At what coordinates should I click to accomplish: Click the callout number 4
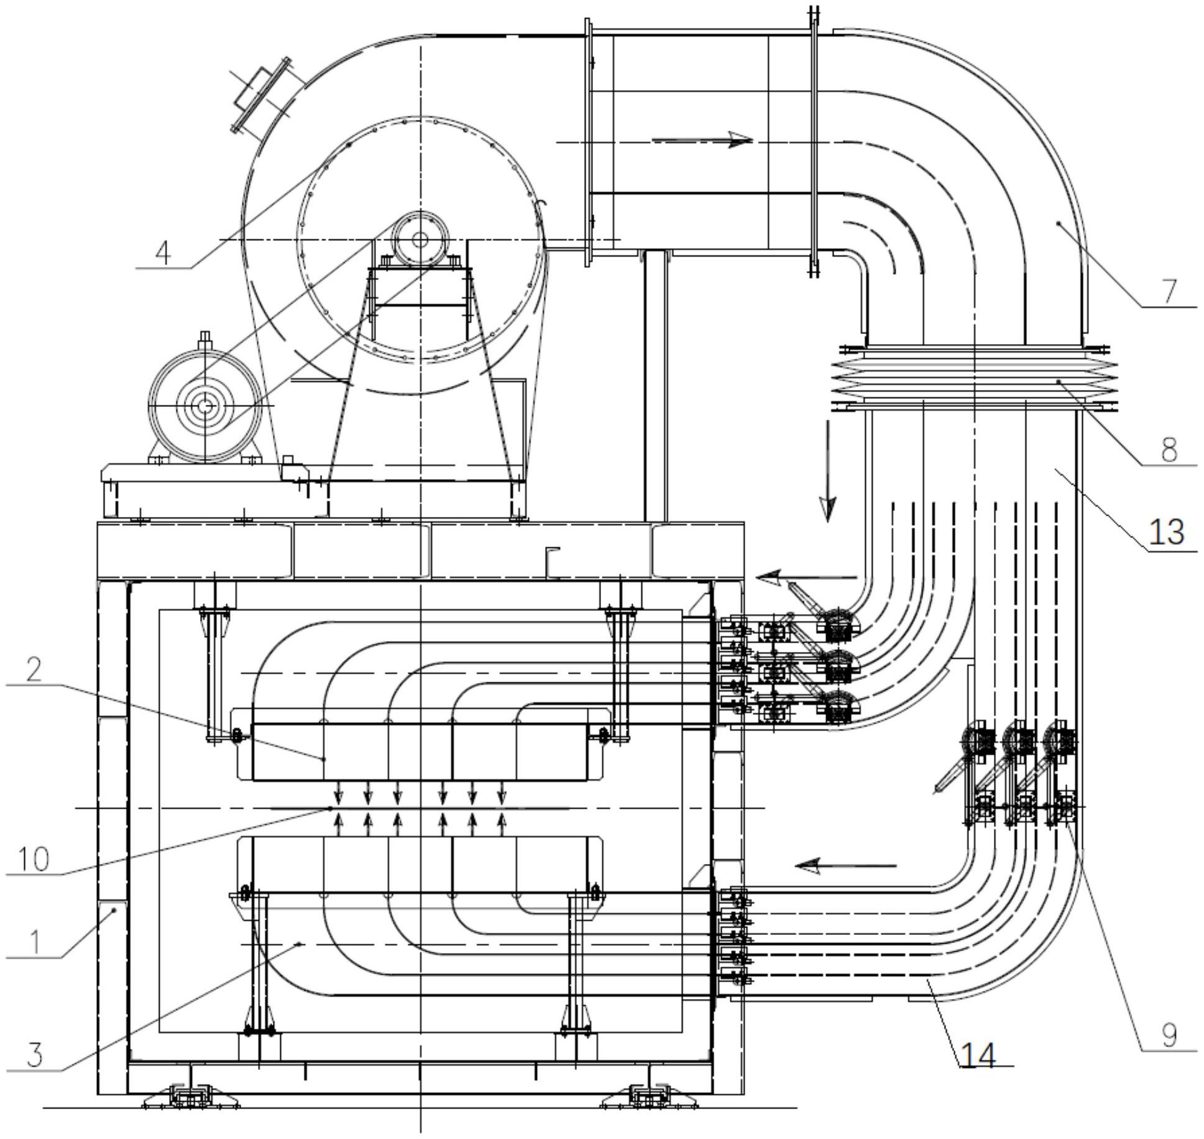(x=163, y=253)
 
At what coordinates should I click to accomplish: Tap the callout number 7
(x=1169, y=291)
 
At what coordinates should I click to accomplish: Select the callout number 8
(x=1169, y=449)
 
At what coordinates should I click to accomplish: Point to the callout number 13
(x=1166, y=532)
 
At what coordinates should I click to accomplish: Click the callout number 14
(x=978, y=1054)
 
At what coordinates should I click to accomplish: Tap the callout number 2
(x=34, y=669)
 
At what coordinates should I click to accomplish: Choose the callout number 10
(x=34, y=859)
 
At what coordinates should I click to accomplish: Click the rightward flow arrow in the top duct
(x=702, y=141)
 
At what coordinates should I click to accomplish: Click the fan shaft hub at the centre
(x=420, y=239)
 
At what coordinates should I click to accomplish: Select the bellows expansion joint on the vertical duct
(x=974, y=378)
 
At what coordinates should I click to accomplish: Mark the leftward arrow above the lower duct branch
(x=845, y=865)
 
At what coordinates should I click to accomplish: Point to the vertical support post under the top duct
(x=655, y=386)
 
